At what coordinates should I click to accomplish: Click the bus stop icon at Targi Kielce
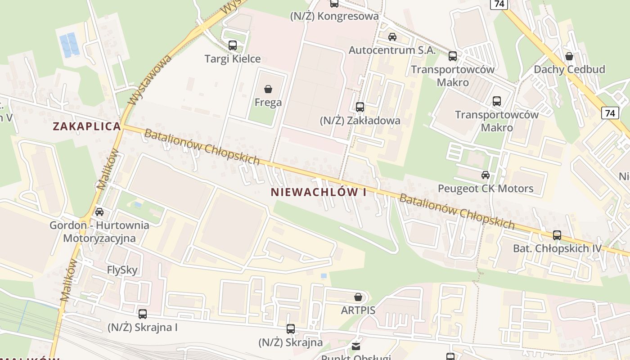point(233,45)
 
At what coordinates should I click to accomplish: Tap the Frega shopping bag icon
point(268,89)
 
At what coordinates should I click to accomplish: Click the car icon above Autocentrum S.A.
point(392,37)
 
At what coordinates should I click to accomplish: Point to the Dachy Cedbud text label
point(569,69)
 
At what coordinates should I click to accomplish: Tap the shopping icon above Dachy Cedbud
point(569,56)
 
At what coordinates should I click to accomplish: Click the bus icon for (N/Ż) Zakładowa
point(360,107)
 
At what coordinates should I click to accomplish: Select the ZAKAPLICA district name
point(87,126)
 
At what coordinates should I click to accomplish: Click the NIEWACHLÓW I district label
point(319,192)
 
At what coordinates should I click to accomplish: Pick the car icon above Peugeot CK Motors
point(486,175)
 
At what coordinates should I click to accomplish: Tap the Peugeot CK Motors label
point(486,189)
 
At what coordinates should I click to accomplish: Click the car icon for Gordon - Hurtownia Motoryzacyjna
point(99,211)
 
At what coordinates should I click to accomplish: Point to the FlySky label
point(122,270)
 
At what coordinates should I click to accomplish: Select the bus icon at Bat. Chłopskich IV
point(557,235)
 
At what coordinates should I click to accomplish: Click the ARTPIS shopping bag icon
point(358,297)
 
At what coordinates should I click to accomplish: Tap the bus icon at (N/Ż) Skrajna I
point(143,314)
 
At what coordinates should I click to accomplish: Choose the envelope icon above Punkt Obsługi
point(356,346)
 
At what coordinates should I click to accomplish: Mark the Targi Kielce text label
point(233,59)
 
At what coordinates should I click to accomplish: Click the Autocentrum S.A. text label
point(392,50)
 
